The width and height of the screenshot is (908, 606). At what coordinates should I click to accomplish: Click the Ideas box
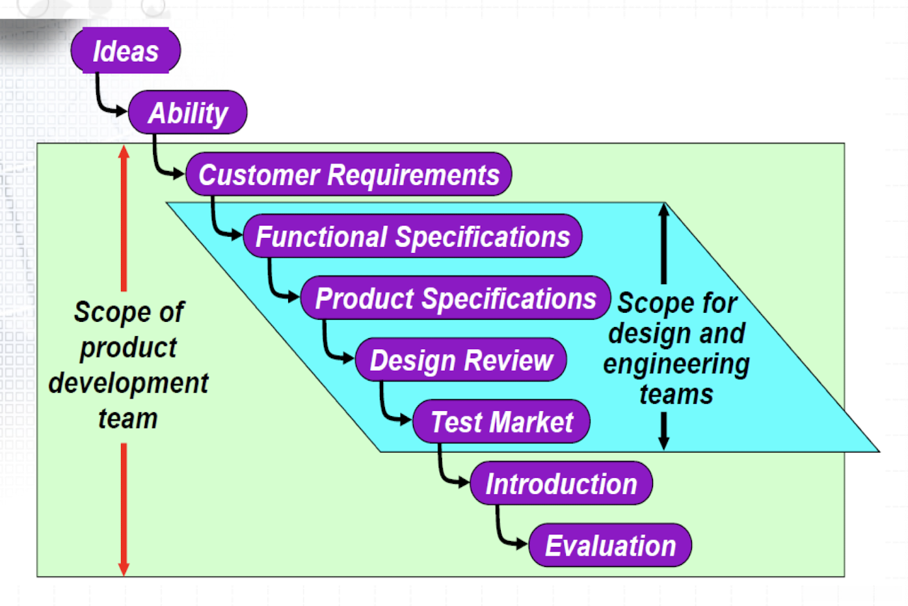click(126, 50)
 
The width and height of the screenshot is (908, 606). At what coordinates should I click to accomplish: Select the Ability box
click(187, 112)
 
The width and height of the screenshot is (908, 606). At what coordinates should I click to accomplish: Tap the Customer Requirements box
click(349, 174)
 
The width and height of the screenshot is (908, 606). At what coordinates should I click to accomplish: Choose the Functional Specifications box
click(412, 236)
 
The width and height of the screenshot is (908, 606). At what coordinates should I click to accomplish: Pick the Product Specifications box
click(455, 298)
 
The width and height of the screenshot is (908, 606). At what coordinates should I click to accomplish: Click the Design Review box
click(461, 360)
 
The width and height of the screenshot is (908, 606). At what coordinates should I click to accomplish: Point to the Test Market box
click(501, 421)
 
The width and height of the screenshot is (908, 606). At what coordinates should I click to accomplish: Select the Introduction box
click(561, 483)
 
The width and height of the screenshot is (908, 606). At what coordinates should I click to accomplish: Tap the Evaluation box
click(610, 545)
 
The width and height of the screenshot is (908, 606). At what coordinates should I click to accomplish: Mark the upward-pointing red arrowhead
click(124, 151)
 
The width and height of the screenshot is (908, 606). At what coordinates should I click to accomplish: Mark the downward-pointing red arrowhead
click(124, 569)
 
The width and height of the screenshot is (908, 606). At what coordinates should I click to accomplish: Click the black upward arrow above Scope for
click(663, 244)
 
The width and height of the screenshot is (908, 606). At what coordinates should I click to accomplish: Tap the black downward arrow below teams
click(663, 431)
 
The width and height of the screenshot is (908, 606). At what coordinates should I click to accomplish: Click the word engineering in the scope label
click(676, 364)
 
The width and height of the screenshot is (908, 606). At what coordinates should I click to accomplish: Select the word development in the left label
click(128, 384)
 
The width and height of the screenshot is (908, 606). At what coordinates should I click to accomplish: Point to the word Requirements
click(414, 175)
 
